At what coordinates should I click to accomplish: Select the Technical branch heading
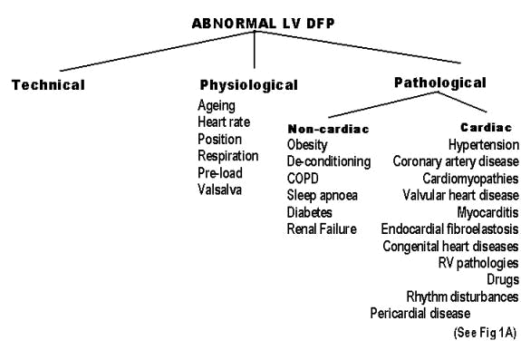pyautogui.click(x=48, y=85)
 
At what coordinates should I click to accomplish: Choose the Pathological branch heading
pyautogui.click(x=440, y=83)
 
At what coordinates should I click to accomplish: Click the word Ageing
pyautogui.click(x=217, y=105)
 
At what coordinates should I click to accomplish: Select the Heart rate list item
pyautogui.click(x=226, y=122)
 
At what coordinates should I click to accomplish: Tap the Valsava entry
pyautogui.click(x=220, y=189)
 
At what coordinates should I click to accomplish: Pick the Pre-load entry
pyautogui.click(x=220, y=172)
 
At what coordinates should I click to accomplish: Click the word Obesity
pyautogui.click(x=308, y=145)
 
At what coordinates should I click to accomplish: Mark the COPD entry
pyautogui.click(x=304, y=179)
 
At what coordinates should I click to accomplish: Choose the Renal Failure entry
pyautogui.click(x=322, y=229)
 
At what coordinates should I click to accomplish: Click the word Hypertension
pyautogui.click(x=484, y=145)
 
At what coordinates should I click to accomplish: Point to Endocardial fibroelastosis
pyautogui.click(x=449, y=229)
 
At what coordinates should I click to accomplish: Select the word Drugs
pyautogui.click(x=503, y=279)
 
